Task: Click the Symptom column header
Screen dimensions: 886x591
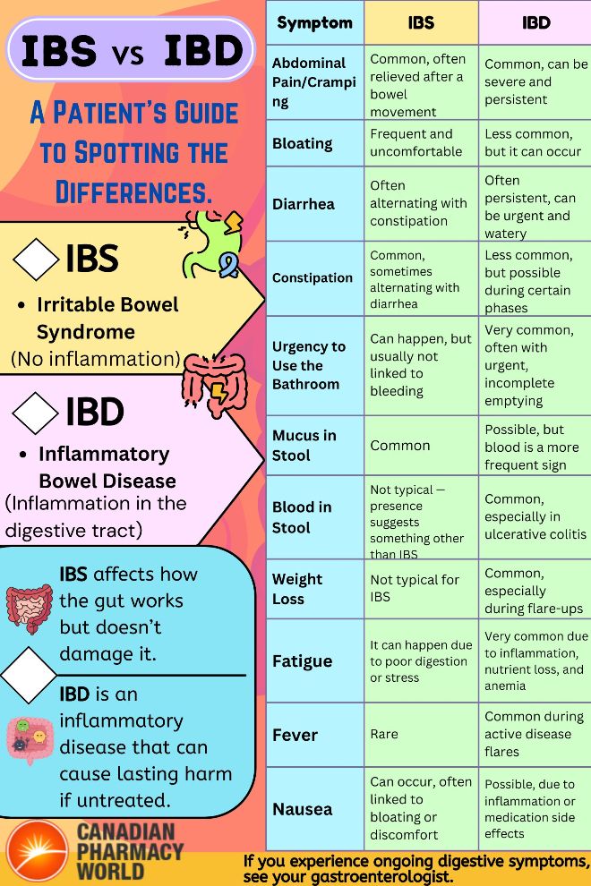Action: point(314,22)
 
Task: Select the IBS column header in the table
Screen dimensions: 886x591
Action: point(421,22)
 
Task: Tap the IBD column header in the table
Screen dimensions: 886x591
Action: point(535,22)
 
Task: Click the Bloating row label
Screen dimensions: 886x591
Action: point(303,143)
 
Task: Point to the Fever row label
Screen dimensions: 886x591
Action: point(295,735)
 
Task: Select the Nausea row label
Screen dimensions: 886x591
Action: point(302,809)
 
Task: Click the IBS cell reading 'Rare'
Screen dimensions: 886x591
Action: point(384,735)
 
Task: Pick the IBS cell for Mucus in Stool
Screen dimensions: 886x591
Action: point(400,445)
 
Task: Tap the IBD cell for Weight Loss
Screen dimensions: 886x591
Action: point(534,591)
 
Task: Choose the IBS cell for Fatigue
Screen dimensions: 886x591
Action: point(418,661)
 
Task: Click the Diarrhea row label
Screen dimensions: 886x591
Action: point(304,203)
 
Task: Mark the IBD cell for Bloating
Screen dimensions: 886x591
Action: point(533,143)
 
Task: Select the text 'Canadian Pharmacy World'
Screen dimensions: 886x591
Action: point(130,851)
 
